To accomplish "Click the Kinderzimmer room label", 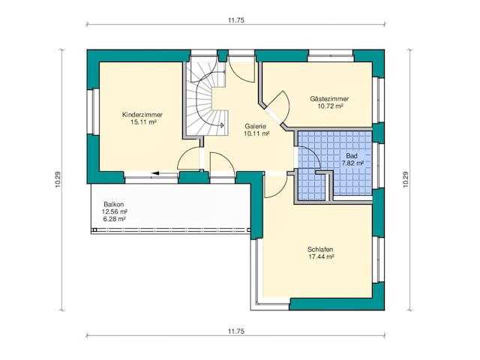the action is pyautogui.click(x=142, y=115).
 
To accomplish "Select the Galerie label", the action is pyautogui.click(x=255, y=126).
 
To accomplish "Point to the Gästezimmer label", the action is pyautogui.click(x=329, y=99).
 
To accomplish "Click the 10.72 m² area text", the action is pyautogui.click(x=330, y=106).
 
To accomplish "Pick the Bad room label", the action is pyautogui.click(x=352, y=156).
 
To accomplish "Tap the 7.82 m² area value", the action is pyautogui.click(x=352, y=163).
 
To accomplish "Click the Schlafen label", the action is pyautogui.click(x=320, y=249).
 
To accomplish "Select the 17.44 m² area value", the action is pyautogui.click(x=321, y=256).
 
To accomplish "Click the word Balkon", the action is pyautogui.click(x=113, y=204).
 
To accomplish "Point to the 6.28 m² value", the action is pyautogui.click(x=115, y=219).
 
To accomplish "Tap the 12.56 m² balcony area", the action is pyautogui.click(x=115, y=211).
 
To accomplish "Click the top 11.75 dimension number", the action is pyautogui.click(x=236, y=20).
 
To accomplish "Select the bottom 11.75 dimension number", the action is pyautogui.click(x=236, y=331).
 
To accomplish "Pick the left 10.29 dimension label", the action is pyautogui.click(x=58, y=179).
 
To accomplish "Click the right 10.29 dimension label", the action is pyautogui.click(x=406, y=179).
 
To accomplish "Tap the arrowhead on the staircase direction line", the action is pyautogui.click(x=222, y=125).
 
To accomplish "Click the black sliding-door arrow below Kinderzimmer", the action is pyautogui.click(x=165, y=173).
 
